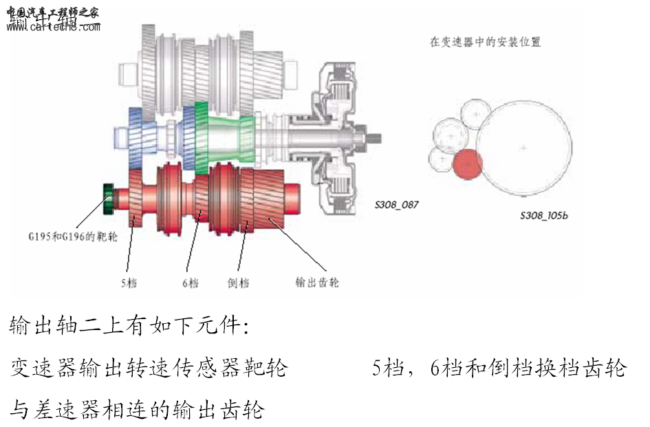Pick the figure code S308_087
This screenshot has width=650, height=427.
[396, 204]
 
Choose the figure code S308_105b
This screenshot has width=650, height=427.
[543, 215]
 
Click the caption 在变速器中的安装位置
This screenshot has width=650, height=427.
[485, 42]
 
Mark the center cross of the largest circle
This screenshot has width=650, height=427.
[524, 147]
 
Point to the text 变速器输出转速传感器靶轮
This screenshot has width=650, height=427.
[148, 369]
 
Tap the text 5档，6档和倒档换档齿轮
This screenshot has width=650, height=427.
[499, 369]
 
